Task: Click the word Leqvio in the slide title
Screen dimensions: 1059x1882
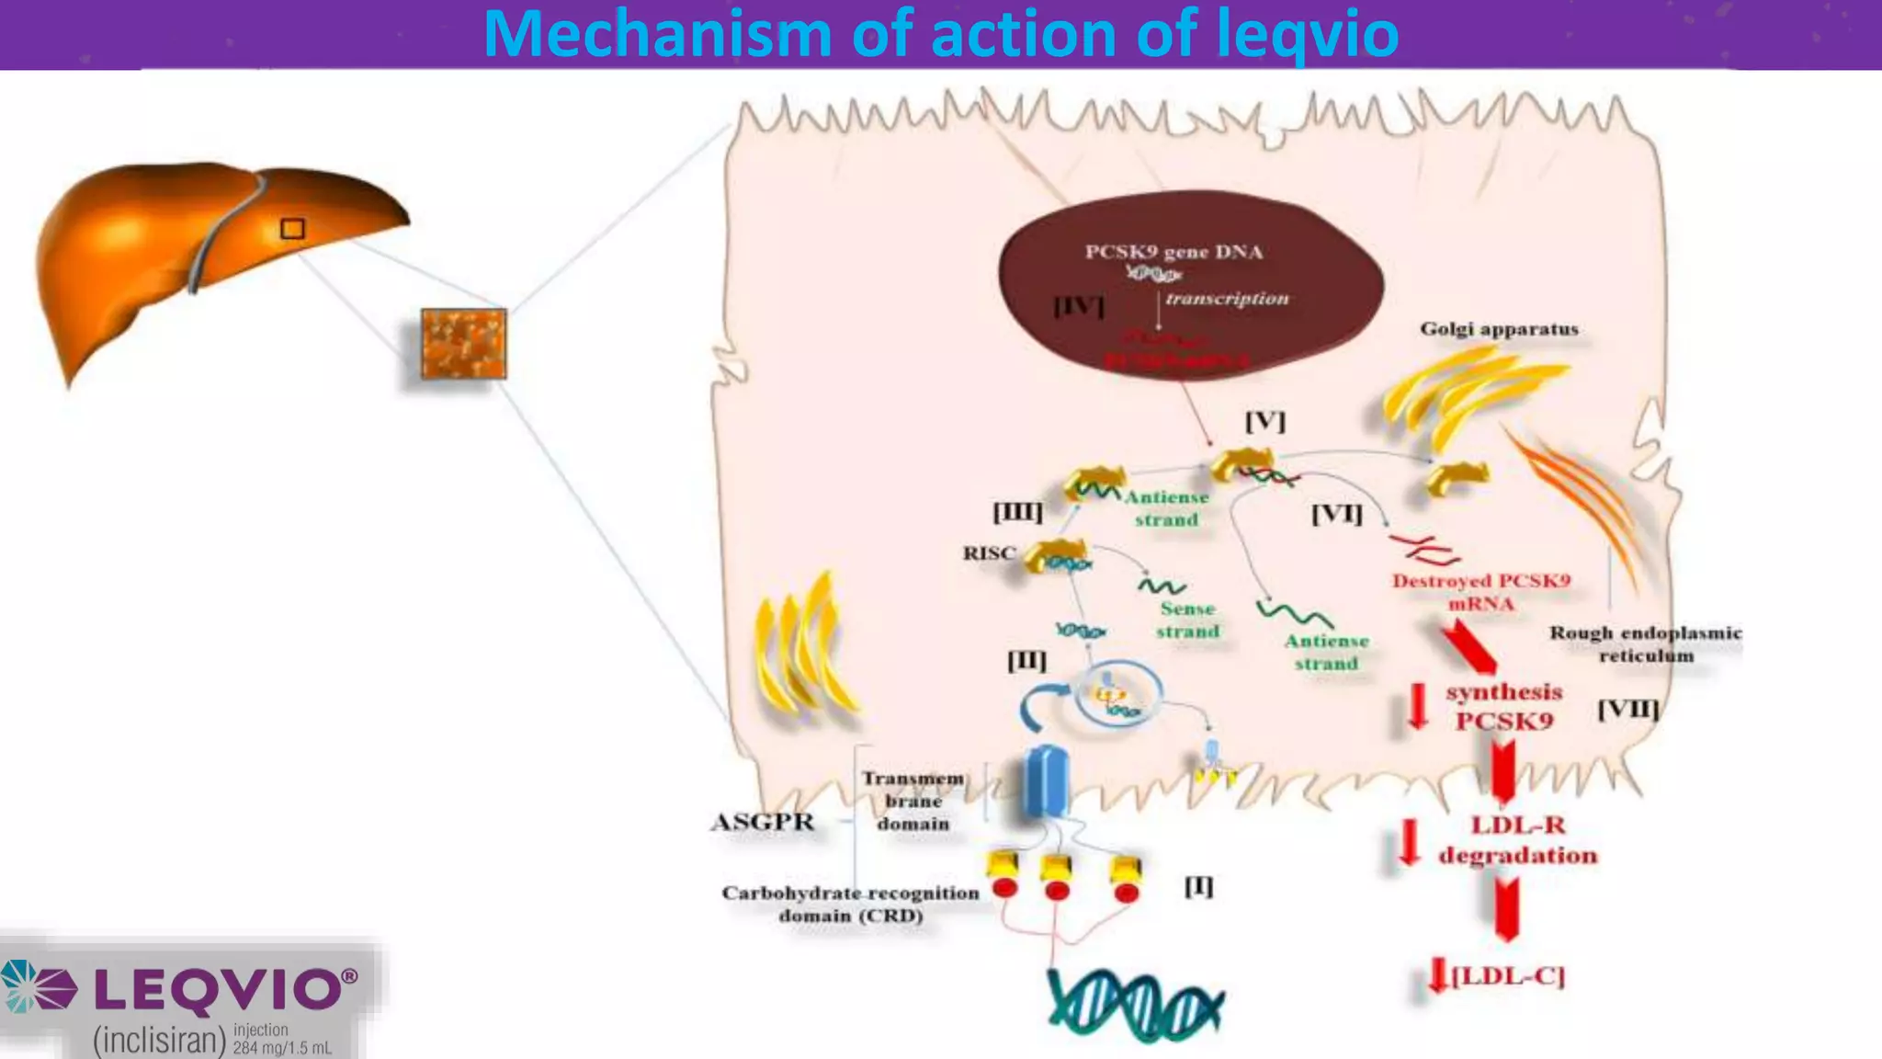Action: (1308, 34)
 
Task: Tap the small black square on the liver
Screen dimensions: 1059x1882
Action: (292, 228)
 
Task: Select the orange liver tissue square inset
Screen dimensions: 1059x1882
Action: (463, 344)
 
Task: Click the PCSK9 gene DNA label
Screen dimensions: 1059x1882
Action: (1173, 252)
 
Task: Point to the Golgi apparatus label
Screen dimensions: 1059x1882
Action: (1499, 329)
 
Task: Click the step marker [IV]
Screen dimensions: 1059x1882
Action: (1079, 305)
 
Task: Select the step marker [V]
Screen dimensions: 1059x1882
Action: (1264, 421)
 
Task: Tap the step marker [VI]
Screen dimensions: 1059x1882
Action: (1336, 513)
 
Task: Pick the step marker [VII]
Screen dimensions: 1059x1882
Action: (1627, 710)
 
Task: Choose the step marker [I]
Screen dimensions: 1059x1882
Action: (1198, 886)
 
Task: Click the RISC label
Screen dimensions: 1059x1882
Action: (989, 553)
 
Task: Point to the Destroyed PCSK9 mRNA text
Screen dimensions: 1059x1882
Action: (1480, 592)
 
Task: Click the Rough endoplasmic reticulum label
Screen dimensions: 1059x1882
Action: (1645, 643)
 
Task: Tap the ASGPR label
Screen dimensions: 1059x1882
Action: (763, 822)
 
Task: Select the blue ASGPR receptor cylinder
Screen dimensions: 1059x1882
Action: (1046, 781)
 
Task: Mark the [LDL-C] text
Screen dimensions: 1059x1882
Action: (1507, 975)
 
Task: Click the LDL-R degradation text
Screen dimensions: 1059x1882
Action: (1517, 840)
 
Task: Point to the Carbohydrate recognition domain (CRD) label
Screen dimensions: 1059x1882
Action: (850, 904)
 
